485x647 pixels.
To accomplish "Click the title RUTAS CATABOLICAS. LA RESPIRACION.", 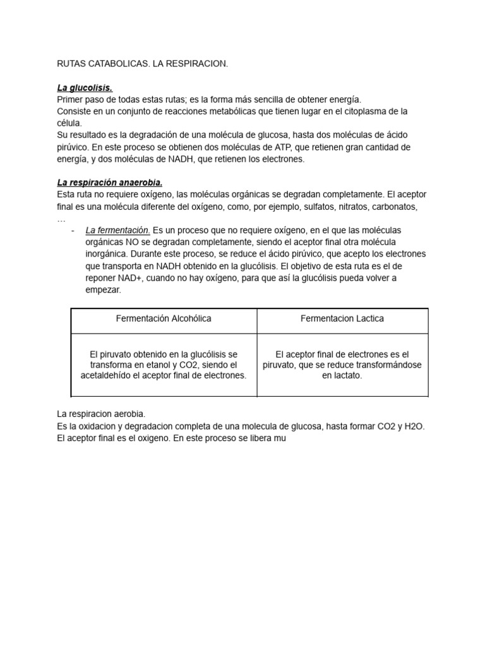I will tap(142, 64).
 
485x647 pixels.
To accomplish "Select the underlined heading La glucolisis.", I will tap(85, 88).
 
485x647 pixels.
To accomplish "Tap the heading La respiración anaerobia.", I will tap(110, 183).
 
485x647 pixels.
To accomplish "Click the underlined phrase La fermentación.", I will tap(117, 230).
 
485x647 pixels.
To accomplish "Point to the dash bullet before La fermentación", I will tap(73, 230).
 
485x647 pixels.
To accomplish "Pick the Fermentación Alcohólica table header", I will tap(164, 318).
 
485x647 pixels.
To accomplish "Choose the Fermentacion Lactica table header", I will tap(342, 318).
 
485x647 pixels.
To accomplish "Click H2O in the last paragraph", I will tap(412, 426).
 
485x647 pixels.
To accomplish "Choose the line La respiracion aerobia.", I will tap(101, 414).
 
